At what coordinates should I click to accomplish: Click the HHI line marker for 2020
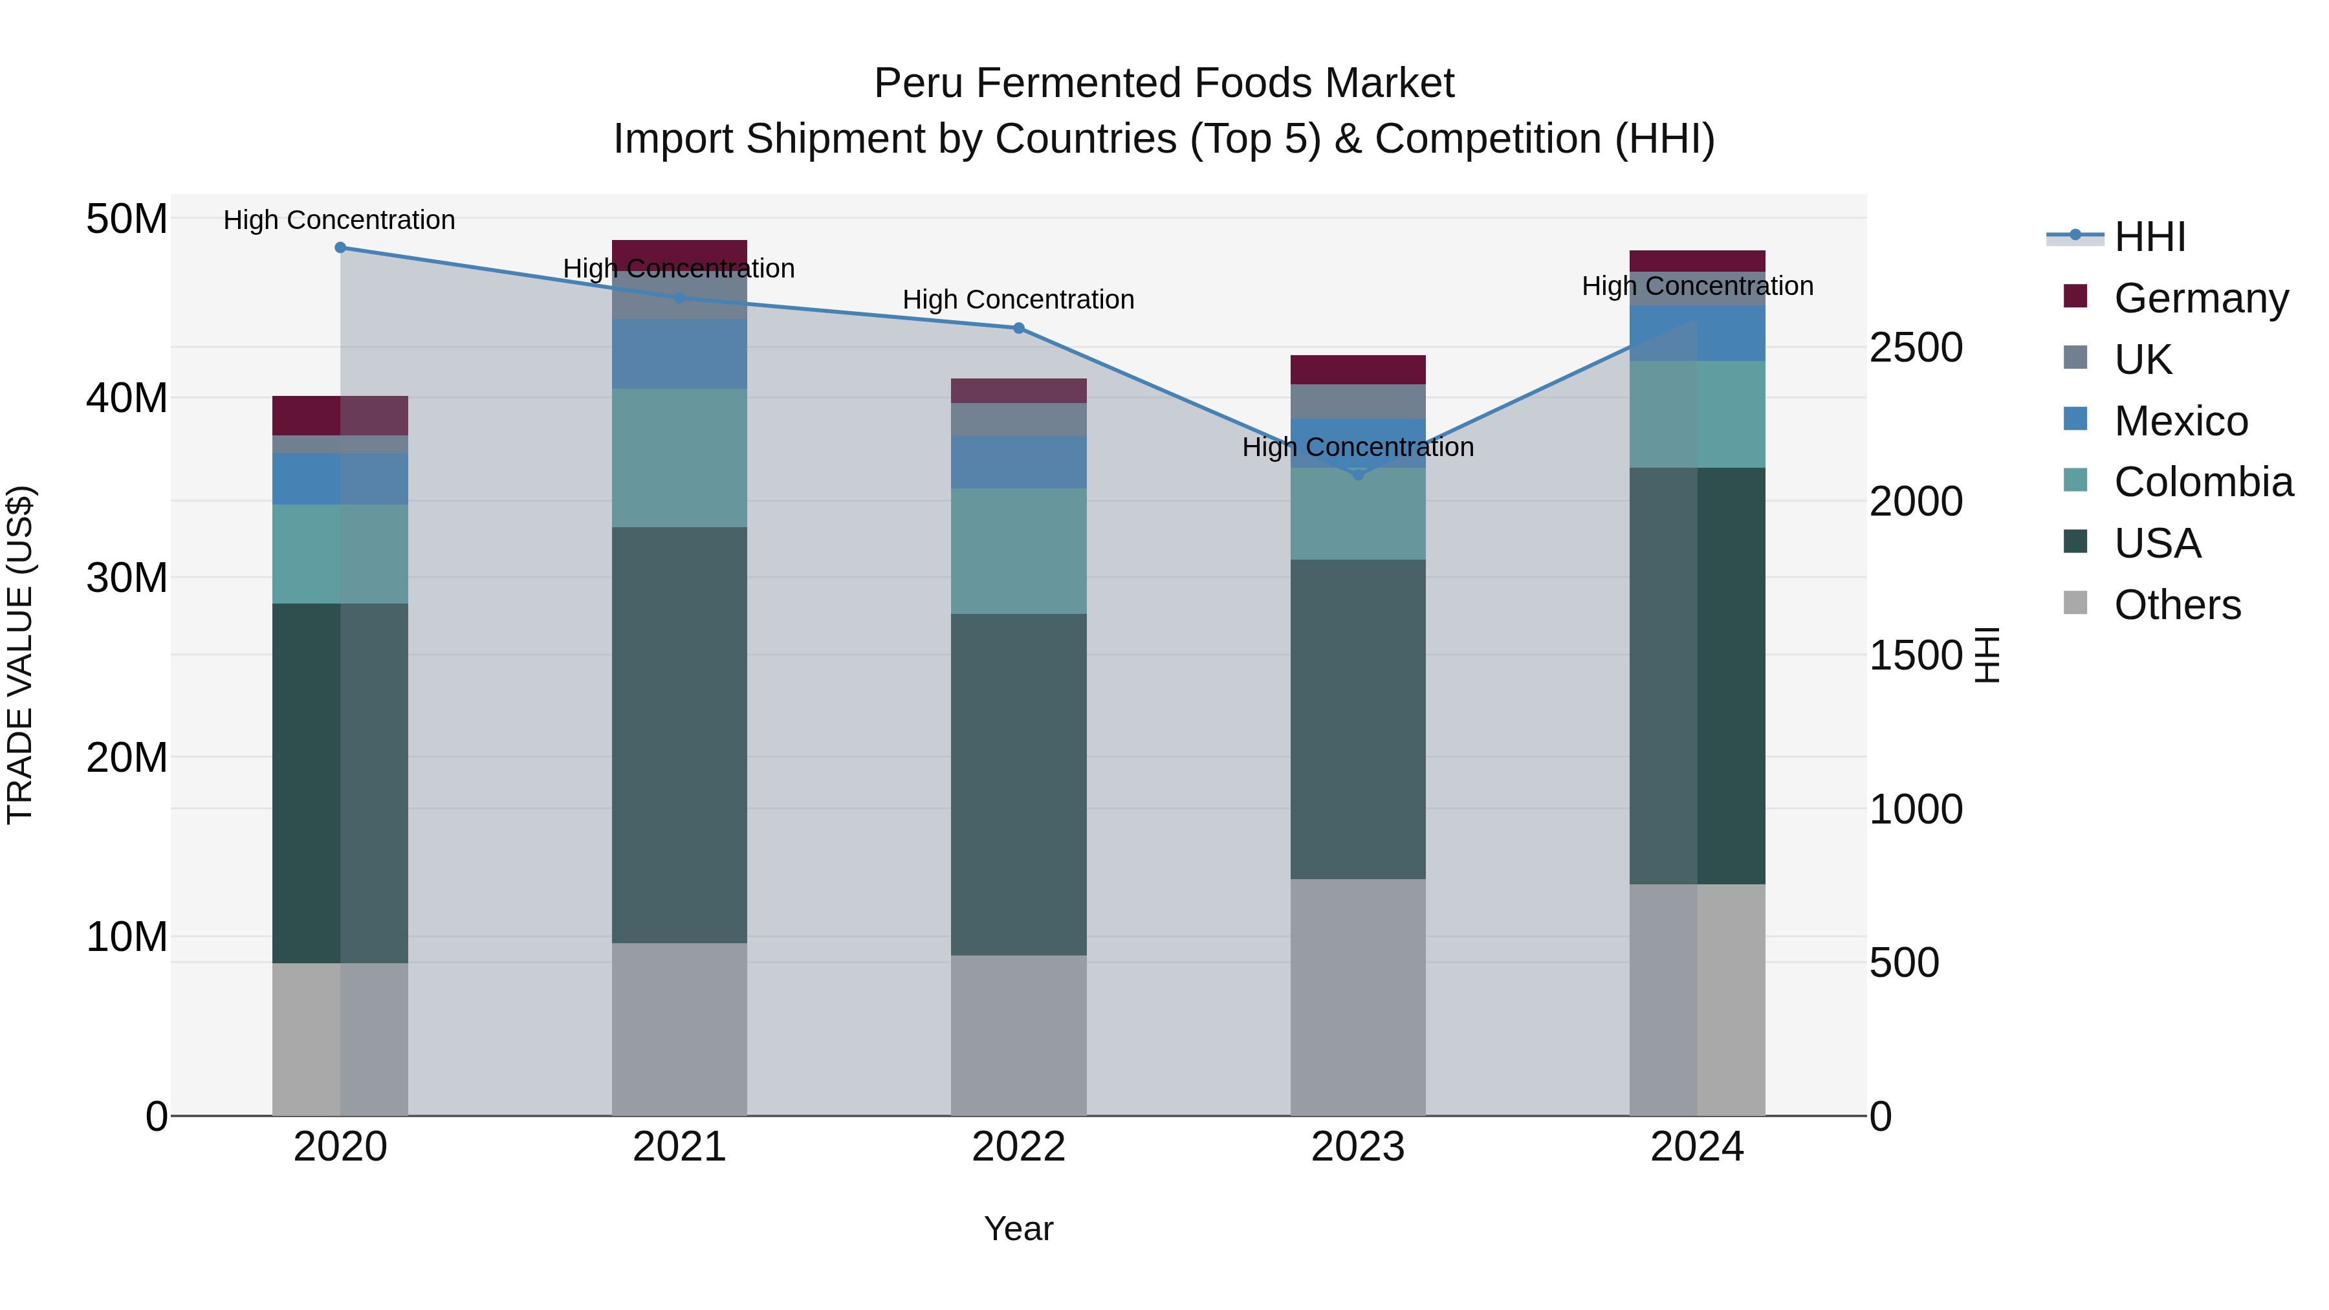(340, 248)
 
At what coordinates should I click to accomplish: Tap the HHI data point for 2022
(1019, 328)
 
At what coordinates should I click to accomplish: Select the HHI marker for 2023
(1358, 475)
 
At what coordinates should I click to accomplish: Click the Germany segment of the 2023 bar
(1358, 370)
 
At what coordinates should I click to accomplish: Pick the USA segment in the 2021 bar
(679, 735)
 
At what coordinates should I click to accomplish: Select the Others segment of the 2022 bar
(1019, 1035)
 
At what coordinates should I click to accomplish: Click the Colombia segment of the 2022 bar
(1019, 551)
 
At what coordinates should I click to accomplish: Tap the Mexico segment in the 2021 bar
(679, 353)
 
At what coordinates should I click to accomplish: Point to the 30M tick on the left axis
(127, 578)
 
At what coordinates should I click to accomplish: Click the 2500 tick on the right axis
(1915, 348)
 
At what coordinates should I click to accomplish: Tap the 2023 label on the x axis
(1358, 1147)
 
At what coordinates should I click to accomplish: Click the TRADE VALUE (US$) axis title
(20, 655)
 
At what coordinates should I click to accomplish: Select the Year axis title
(1018, 1228)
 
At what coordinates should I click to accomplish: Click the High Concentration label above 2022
(1018, 300)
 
